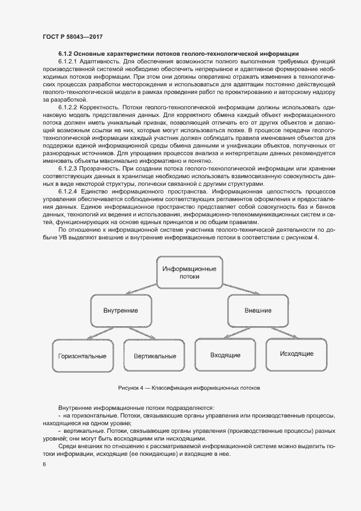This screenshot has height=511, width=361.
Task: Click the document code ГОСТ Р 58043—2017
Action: (72, 37)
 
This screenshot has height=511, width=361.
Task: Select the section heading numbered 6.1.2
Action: (178, 54)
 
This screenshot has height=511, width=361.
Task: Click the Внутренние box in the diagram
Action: (120, 310)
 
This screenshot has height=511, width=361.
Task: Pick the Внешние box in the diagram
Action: (258, 310)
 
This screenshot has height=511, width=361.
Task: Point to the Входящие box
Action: (225, 355)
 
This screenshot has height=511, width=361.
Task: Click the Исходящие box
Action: (297, 354)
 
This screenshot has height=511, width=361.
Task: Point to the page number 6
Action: (44, 465)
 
